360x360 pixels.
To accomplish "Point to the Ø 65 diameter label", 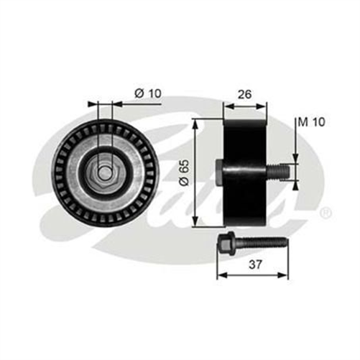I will tap(185, 172).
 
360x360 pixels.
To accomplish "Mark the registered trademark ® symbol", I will tap(325, 213).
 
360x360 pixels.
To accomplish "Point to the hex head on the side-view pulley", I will tap(219, 171).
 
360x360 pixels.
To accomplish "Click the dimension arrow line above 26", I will tap(245, 103).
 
